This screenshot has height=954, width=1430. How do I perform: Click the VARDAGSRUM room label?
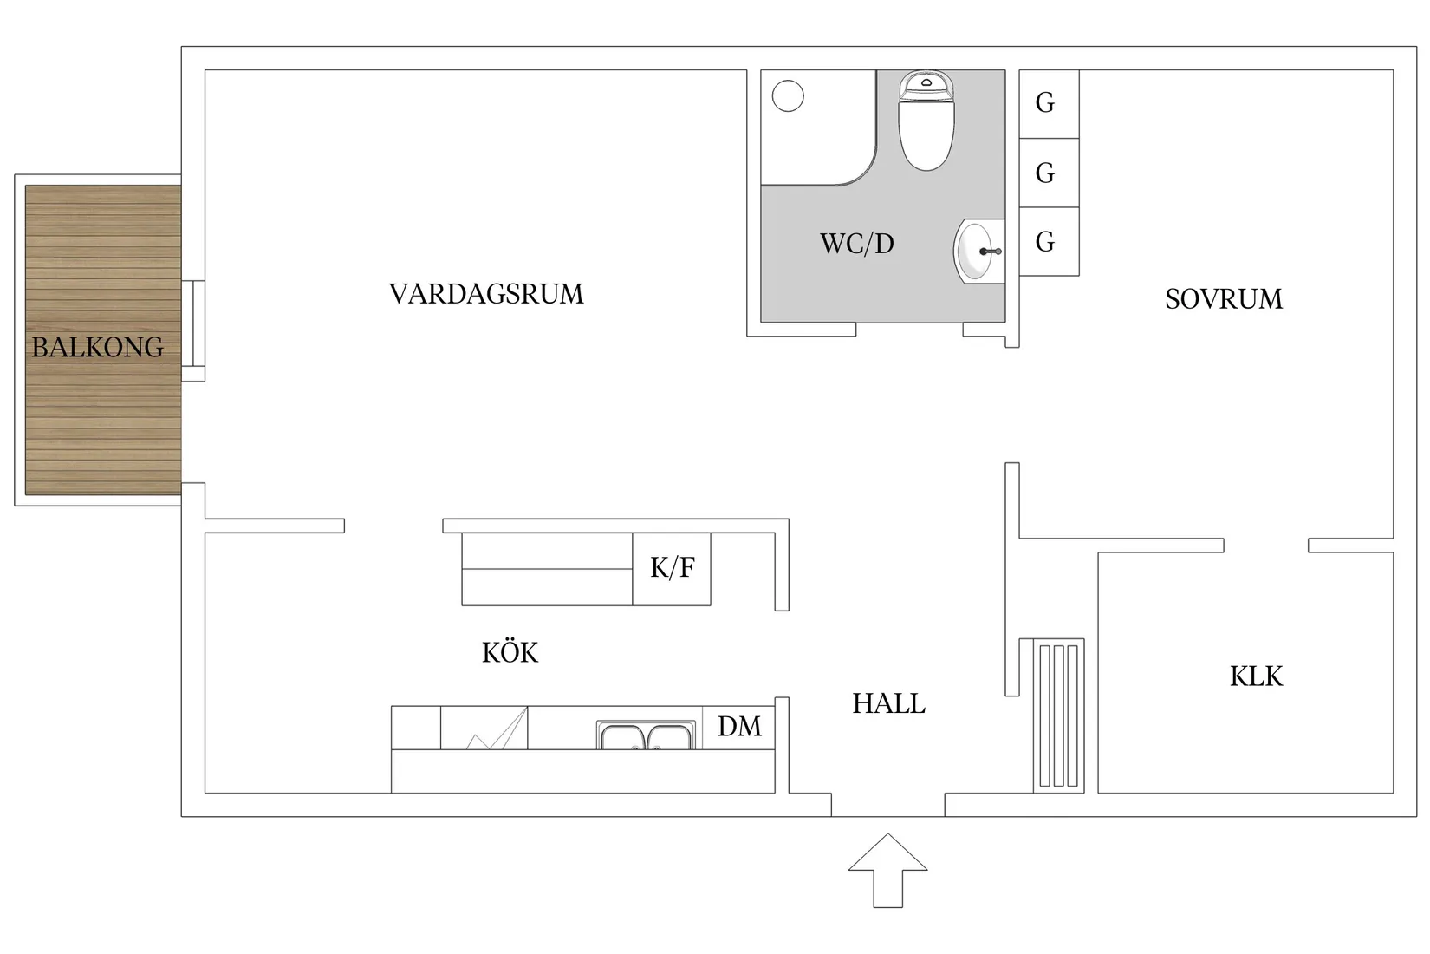point(486,294)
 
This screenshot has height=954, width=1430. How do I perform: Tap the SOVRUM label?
point(1223,299)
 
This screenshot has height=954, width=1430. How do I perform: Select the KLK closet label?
point(1256,676)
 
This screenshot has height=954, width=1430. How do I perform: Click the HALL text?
point(888,703)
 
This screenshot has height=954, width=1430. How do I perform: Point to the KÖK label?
point(510,652)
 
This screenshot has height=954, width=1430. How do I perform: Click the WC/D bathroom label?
point(856,244)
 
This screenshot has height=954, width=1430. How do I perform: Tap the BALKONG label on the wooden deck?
point(98,348)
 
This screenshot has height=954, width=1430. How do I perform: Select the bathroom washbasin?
point(977,252)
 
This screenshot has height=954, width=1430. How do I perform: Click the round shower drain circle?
point(788,95)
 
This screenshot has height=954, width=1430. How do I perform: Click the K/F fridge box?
point(672,569)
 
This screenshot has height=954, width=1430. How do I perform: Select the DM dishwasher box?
point(738,727)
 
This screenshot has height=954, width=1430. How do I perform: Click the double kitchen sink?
point(646,735)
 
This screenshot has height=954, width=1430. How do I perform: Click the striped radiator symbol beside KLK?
point(1058,715)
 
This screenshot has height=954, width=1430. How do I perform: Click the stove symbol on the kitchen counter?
point(484,729)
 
